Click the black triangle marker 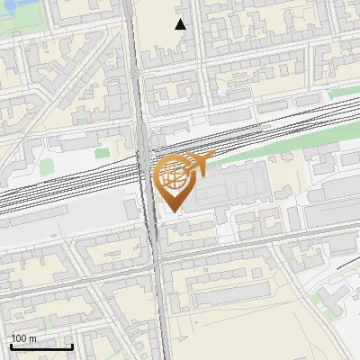pyautogui.click(x=181, y=24)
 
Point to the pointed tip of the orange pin pyautogui.click(x=174, y=211)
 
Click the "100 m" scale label pyautogui.click(x=24, y=338)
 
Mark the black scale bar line pyautogui.click(x=40, y=347)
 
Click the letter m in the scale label pyautogui.click(x=33, y=338)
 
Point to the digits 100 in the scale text pyautogui.click(x=19, y=338)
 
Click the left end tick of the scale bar pyautogui.click(x=10, y=346)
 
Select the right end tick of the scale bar pyautogui.click(x=72, y=346)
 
